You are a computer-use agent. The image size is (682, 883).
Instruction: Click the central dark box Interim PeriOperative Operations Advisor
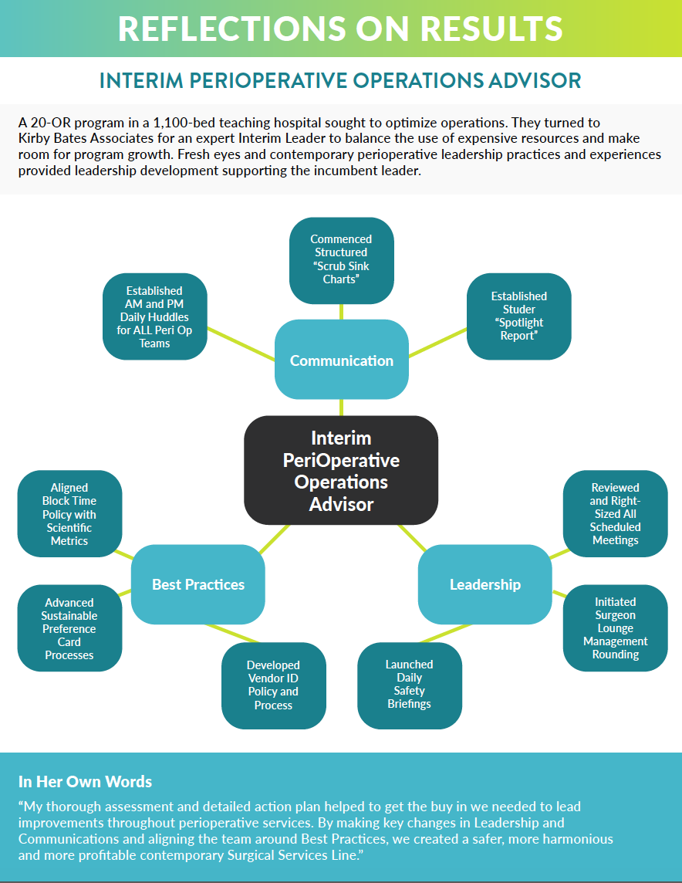(341, 471)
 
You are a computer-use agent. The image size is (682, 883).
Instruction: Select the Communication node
(341, 360)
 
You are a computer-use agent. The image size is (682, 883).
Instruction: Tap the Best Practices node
(198, 584)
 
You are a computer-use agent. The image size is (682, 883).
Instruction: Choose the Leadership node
(484, 584)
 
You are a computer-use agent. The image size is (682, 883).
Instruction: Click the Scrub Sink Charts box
(341, 259)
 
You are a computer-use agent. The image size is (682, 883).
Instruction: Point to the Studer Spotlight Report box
(518, 316)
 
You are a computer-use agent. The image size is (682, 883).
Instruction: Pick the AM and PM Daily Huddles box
(154, 316)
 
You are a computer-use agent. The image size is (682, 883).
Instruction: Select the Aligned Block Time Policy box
(69, 514)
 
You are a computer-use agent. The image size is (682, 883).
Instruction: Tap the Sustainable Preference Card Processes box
(69, 628)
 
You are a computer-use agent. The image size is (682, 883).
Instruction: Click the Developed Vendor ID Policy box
(273, 685)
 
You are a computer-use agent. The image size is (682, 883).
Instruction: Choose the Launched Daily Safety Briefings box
(409, 684)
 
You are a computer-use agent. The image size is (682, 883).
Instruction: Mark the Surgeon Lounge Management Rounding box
(615, 628)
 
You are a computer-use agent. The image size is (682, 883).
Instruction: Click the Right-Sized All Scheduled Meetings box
(615, 513)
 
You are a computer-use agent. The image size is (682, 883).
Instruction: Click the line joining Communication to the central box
(341, 408)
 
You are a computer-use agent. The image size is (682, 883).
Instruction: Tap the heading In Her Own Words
(85, 782)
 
